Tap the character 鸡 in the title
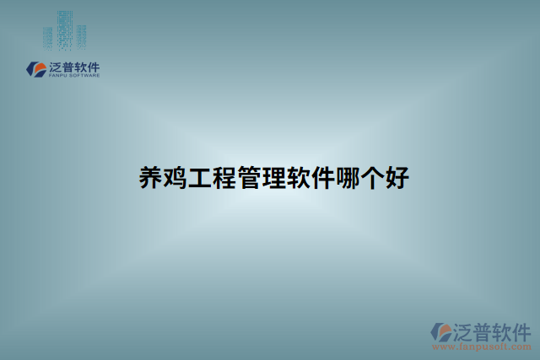[x=177, y=178]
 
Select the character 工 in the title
[x=203, y=178]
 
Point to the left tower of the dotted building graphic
[x=49, y=36]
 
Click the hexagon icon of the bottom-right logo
[x=440, y=331]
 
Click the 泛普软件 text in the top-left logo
[x=75, y=66]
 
